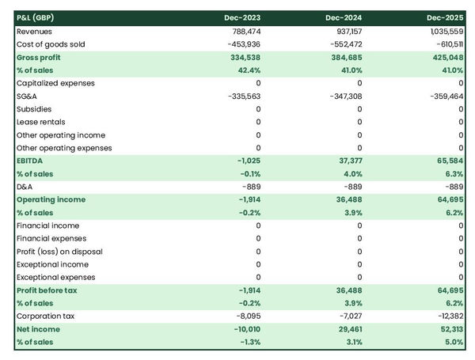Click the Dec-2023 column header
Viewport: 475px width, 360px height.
pos(242,17)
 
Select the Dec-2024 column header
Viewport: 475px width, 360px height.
pos(344,17)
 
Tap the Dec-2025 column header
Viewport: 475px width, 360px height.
pos(446,17)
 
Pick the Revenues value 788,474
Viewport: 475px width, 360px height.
pos(244,31)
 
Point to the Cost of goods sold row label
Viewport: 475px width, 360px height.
pos(51,44)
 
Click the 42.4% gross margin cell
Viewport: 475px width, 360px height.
pos(248,70)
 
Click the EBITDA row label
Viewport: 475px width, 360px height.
pos(32,161)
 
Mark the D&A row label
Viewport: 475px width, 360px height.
pos(25,187)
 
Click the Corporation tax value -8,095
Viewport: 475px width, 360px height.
pos(247,316)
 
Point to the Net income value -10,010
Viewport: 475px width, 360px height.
pos(245,329)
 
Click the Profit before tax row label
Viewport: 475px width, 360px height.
pos(48,290)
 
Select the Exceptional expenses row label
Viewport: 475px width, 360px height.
pos(56,277)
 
